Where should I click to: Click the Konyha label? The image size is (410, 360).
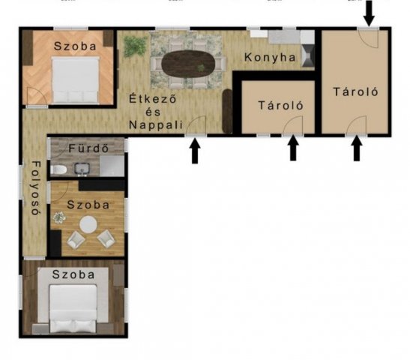coord(265,57)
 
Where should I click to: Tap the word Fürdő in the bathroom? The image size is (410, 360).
coord(89,148)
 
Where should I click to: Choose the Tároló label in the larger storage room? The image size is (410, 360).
coord(355,92)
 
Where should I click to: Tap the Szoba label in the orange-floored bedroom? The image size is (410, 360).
coord(75,46)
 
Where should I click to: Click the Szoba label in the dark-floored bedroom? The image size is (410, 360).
coord(73,274)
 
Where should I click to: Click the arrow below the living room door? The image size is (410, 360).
coord(195,151)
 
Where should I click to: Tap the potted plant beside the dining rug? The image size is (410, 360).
coord(134,46)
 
